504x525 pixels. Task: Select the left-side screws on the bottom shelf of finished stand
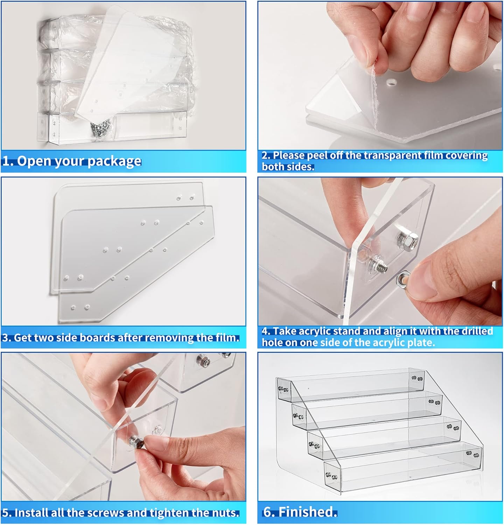point(331,476)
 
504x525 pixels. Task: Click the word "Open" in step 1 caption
point(32,161)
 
